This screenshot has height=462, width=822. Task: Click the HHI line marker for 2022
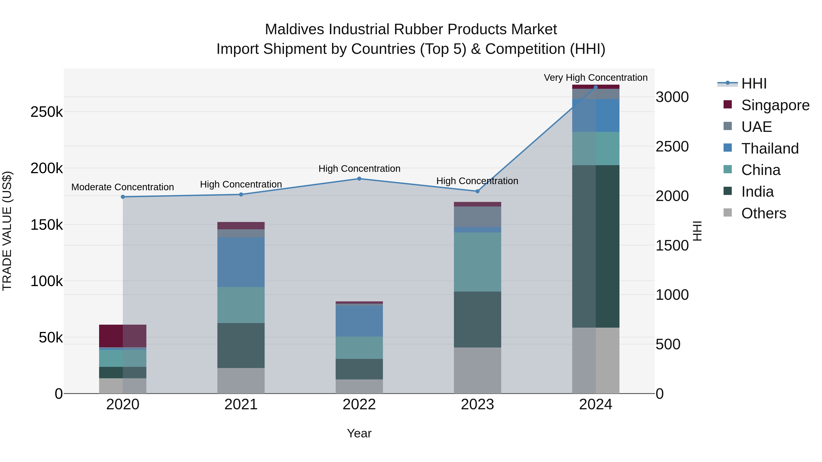coord(359,179)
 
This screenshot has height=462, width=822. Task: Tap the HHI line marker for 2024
coord(595,87)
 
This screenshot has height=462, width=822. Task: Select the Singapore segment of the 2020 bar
coord(123,336)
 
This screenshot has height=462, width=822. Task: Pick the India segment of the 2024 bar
coord(595,246)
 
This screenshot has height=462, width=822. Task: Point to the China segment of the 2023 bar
coord(477,262)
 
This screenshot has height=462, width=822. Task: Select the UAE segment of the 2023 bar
coord(477,217)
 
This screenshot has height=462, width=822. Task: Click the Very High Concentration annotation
coord(595,78)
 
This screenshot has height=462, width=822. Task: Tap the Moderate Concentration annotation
coord(123,187)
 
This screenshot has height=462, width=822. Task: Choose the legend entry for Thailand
coord(770,148)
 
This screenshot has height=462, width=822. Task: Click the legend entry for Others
coord(763,213)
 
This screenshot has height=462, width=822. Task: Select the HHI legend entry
coord(754,84)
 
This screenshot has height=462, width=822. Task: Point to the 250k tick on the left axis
coord(47,112)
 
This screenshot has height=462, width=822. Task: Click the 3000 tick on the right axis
coord(672,97)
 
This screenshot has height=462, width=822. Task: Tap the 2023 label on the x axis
coord(477,405)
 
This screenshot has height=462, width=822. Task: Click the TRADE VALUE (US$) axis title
coord(7,231)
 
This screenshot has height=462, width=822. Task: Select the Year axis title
coord(359,433)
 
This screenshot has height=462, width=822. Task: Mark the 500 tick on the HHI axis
coord(668,344)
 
